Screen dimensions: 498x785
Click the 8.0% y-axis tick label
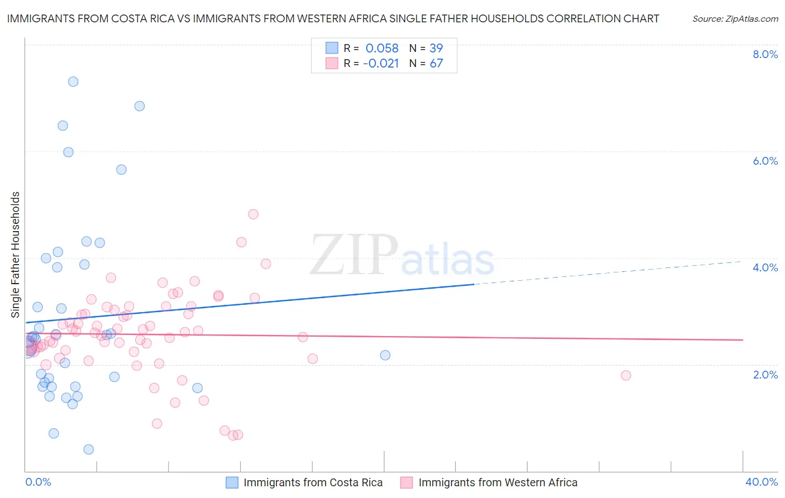tap(765, 54)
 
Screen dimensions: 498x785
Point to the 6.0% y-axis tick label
tap(765, 161)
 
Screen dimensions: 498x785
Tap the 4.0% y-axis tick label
tap(765, 267)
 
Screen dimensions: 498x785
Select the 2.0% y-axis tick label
tap(765, 375)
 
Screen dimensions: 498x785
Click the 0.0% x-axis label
tap(38, 482)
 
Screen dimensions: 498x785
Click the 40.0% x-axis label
tap(761, 482)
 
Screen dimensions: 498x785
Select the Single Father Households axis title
tap(16, 255)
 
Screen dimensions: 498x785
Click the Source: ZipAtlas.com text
tap(735, 19)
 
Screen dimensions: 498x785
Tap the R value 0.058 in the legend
tap(382, 49)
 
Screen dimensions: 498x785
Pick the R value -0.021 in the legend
tap(381, 64)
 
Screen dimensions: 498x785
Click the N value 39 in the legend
tap(436, 49)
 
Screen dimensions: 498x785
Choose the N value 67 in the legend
tap(436, 64)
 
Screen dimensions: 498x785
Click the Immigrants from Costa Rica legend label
tap(313, 483)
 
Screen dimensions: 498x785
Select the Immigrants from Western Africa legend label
tap(497, 483)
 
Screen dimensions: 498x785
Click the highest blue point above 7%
tap(73, 82)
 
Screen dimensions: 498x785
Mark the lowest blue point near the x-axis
tap(88, 449)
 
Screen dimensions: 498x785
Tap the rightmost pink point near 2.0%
tap(626, 375)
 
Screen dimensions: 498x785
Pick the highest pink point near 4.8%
tap(253, 214)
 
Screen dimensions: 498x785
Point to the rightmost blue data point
tap(385, 355)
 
